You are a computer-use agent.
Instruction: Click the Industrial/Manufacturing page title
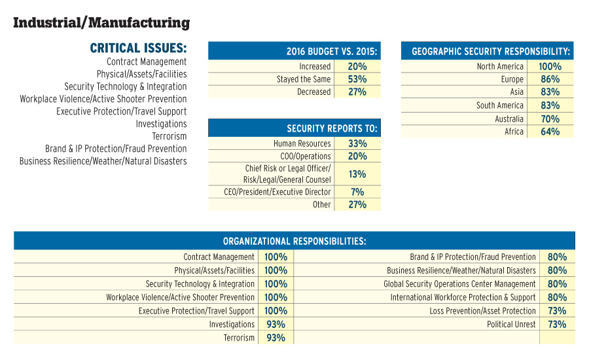[101, 24]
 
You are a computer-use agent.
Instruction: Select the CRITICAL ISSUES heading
[138, 48]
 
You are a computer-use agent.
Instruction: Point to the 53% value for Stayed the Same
[357, 79]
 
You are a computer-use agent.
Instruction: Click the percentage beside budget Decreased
[357, 92]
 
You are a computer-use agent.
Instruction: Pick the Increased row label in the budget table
[315, 67]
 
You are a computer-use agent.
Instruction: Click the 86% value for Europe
[550, 79]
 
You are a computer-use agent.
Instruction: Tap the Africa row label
[514, 132]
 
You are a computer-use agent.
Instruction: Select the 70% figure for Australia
[550, 119]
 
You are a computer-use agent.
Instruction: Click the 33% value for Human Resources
[357, 143]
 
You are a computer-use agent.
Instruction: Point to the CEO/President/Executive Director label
[277, 192]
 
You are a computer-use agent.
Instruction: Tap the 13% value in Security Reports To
[357, 174]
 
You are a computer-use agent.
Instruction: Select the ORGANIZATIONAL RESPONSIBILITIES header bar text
[294, 241]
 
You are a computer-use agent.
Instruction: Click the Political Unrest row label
[511, 325]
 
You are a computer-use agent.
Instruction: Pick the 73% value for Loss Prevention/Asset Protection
[557, 311]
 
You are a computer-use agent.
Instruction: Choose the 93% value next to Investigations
[276, 325]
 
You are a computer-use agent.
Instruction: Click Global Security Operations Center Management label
[459, 284]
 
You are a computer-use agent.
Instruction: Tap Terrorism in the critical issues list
[170, 136]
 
